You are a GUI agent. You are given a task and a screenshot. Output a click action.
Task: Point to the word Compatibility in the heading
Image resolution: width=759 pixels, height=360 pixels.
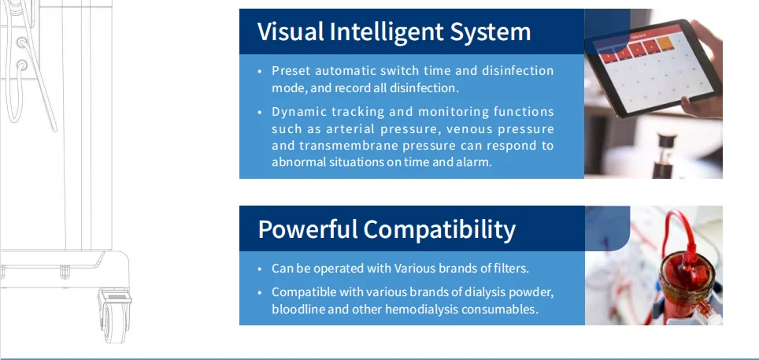point(439,229)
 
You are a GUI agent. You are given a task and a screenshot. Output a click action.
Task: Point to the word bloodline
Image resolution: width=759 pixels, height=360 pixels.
point(298,309)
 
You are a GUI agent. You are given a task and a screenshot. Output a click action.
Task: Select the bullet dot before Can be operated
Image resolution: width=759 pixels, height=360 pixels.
point(260,269)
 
